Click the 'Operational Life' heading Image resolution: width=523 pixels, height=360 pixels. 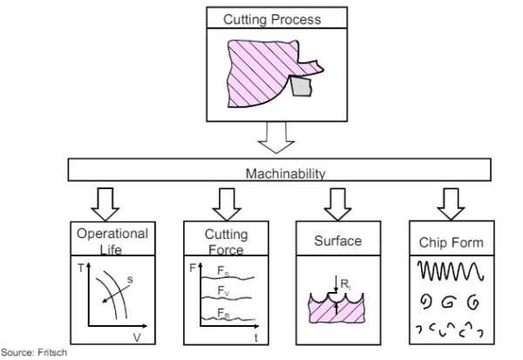(x=112, y=241)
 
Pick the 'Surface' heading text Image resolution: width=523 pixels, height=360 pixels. (x=338, y=241)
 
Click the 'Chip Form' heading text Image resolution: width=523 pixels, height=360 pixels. (x=451, y=241)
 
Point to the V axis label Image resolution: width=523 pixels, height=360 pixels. (x=136, y=335)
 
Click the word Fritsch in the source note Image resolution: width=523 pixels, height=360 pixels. (x=51, y=353)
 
